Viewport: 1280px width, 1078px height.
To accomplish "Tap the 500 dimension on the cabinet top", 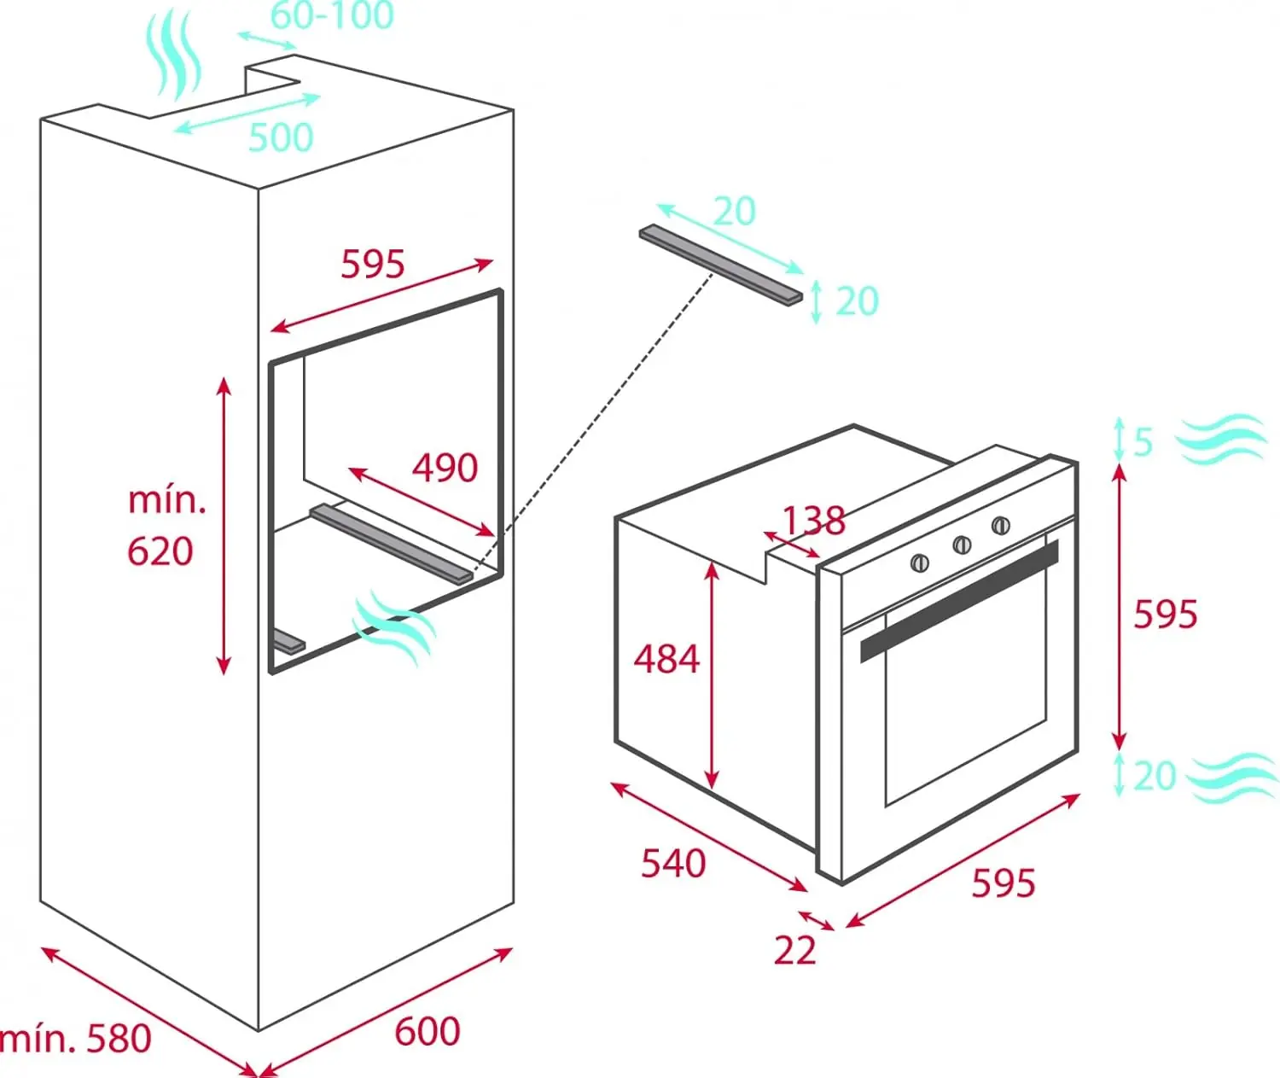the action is click(x=281, y=137).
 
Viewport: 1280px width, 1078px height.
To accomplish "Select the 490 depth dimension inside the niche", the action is click(x=445, y=468).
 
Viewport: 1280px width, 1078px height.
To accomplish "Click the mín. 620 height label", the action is click(x=166, y=526).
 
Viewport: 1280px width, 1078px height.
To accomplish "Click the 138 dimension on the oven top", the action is click(x=814, y=520).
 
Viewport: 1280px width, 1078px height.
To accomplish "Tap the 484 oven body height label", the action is click(x=666, y=659).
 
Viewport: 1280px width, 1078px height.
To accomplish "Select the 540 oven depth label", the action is click(x=673, y=864).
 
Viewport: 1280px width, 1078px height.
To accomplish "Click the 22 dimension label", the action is click(x=795, y=951).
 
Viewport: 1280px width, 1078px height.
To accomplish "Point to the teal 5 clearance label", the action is click(x=1143, y=441).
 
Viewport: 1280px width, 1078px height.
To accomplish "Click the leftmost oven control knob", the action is click(x=920, y=562).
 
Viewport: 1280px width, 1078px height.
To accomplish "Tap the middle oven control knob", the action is click(x=961, y=544).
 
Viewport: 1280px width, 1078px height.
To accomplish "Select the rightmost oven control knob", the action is click(x=1001, y=525).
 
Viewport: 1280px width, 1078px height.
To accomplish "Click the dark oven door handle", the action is click(x=959, y=601).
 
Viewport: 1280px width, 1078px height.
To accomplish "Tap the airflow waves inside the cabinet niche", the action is click(x=393, y=627).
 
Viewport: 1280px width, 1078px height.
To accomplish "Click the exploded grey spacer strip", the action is click(x=721, y=265).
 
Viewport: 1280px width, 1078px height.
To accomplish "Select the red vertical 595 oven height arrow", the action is click(x=1120, y=607).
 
